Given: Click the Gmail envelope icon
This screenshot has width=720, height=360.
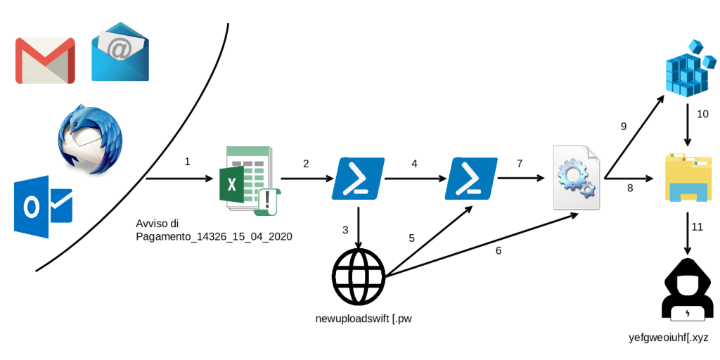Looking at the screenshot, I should pos(45,60).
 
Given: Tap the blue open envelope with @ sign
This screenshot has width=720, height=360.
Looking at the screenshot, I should pos(120,51).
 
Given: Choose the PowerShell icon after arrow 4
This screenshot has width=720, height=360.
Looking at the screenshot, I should pos(472,176).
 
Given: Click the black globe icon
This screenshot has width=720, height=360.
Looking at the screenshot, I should pos(360,276).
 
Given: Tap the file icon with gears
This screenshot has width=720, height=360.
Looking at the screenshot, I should pos(577,176).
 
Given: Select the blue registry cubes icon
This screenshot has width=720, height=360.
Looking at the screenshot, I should pos(688,70).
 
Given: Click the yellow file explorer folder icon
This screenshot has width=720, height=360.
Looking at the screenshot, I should pos(688,179).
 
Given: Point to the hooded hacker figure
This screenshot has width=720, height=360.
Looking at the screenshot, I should pos(687,290).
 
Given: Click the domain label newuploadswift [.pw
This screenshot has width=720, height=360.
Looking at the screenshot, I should pos(363,320).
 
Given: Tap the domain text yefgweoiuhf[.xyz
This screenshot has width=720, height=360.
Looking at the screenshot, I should pos(668,338).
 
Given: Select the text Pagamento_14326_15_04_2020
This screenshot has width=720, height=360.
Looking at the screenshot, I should pos(214,237).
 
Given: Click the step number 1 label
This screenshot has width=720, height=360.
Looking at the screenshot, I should pos(187,162).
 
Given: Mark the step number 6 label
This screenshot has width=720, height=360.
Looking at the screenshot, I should pos(499,250).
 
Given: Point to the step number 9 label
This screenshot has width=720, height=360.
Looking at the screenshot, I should pos(623,127).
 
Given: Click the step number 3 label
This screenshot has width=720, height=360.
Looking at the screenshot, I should pos(345,229).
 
